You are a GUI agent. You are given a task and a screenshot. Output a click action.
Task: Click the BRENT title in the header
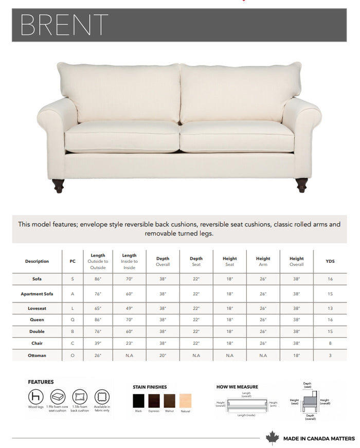(64, 25)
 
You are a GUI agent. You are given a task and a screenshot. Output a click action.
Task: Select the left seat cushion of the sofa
(122, 137)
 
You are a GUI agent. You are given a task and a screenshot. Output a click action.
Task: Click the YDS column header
(330, 261)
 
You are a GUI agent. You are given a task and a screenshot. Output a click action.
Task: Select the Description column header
(37, 261)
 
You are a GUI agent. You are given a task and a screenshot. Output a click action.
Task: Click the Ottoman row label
(37, 355)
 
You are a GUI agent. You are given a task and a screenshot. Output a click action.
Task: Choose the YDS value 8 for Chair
(330, 343)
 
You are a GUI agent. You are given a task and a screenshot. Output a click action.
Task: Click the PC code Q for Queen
(73, 319)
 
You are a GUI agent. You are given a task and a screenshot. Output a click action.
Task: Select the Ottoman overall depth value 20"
(163, 355)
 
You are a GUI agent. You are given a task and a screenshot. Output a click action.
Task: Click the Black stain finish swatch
(139, 401)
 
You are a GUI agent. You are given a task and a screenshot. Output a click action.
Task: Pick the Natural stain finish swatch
(185, 401)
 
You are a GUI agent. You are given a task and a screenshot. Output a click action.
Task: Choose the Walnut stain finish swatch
(170, 401)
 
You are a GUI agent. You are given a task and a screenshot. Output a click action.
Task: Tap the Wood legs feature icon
(35, 397)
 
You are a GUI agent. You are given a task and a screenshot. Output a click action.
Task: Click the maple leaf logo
(272, 438)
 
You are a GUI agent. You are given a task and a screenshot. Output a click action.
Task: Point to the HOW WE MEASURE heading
(237, 387)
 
